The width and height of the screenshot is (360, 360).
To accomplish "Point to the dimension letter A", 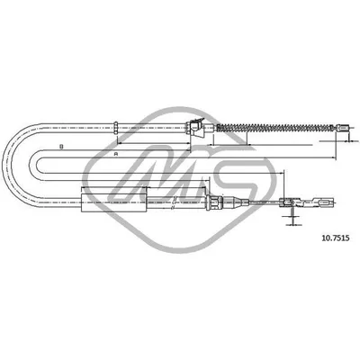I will [116, 156].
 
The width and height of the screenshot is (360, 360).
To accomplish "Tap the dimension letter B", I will [60, 146].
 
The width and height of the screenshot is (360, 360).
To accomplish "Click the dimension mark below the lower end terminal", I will [292, 220].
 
